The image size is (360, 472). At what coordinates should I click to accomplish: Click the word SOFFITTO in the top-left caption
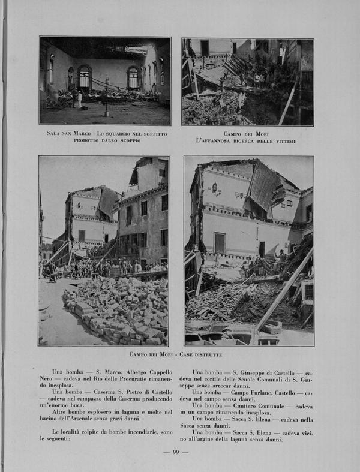(x=152, y=133)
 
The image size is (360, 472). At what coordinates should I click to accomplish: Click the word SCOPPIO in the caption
(x=127, y=140)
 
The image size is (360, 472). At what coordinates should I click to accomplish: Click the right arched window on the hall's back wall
(x=133, y=77)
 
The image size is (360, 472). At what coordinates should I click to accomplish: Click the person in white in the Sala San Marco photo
(x=79, y=100)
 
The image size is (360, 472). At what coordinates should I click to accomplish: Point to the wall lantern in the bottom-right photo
(x=214, y=188)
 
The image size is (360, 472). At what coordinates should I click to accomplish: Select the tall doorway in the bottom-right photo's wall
(x=220, y=242)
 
